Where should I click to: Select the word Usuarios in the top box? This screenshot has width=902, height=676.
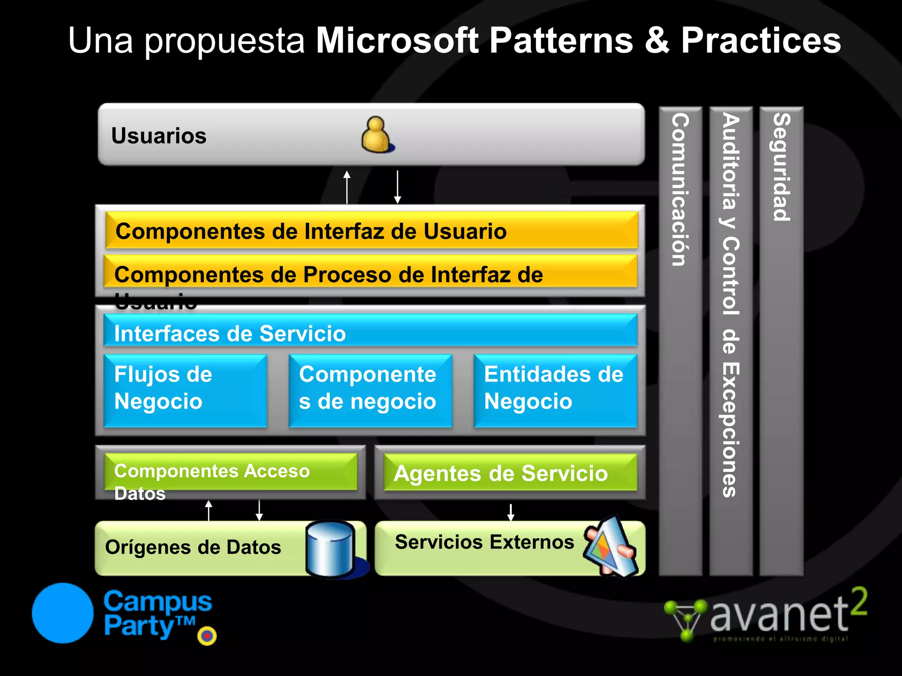(159, 136)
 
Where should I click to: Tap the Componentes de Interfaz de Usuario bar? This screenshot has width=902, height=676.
(371, 231)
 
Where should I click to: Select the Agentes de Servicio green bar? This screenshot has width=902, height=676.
(510, 473)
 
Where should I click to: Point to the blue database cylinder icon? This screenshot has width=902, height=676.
(330, 548)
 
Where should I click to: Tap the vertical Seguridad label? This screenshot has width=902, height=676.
(782, 167)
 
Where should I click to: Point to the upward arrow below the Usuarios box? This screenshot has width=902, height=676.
(347, 187)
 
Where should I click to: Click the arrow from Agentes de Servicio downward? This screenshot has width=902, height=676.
(510, 512)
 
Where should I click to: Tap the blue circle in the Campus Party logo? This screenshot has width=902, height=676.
(63, 613)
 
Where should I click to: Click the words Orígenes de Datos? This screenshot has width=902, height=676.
(193, 547)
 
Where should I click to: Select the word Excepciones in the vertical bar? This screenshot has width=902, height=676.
(731, 430)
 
